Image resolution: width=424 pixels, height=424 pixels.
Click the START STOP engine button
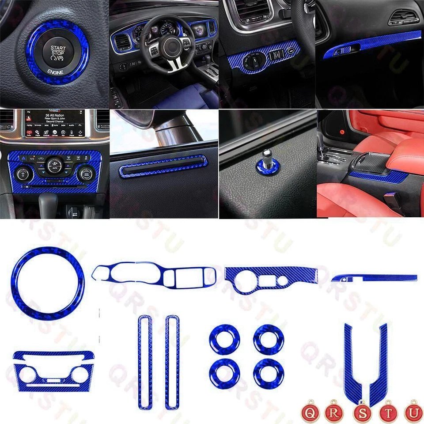(x=57, y=52)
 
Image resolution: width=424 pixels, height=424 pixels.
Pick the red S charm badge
(x=361, y=412)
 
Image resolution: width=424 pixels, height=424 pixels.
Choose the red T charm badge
(x=388, y=412)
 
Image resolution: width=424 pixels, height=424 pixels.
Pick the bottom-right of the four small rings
(x=269, y=373)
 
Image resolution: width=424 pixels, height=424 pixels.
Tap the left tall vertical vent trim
(x=145, y=362)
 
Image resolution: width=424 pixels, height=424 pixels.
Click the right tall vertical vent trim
(x=172, y=362)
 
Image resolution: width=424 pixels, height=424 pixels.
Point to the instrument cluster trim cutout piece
(x=155, y=276)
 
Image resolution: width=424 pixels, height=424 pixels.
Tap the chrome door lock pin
(x=267, y=159)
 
